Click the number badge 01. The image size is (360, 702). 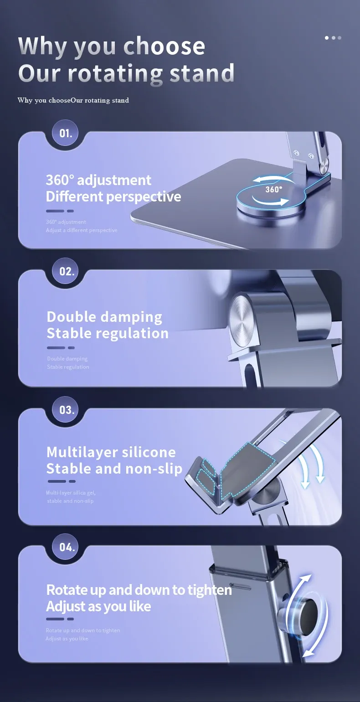(66, 134)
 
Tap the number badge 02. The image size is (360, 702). (67, 271)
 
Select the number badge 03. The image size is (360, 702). (67, 410)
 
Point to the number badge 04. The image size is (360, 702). (67, 547)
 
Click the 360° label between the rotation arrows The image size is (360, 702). (273, 189)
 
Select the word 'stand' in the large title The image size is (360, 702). (201, 73)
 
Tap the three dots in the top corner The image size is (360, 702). (333, 38)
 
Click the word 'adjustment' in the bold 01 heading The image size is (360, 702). (114, 180)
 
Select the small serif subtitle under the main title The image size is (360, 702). (73, 100)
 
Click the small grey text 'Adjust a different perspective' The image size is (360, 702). (82, 230)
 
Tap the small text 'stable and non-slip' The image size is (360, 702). (70, 501)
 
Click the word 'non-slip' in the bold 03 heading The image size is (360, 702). (154, 469)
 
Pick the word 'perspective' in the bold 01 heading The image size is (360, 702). (144, 197)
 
